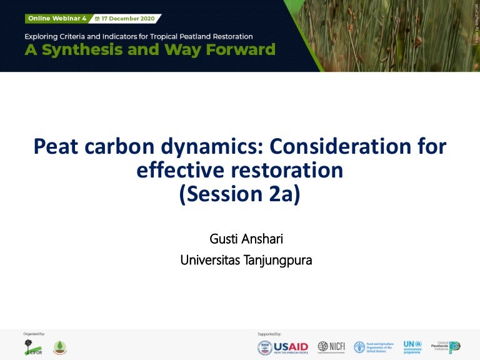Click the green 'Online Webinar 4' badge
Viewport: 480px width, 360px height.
(x=55, y=19)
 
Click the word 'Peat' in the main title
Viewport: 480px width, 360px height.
(x=59, y=147)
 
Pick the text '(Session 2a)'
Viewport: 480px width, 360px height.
(x=240, y=194)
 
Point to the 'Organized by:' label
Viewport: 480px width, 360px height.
(x=34, y=334)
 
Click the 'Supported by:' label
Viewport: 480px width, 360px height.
(x=269, y=334)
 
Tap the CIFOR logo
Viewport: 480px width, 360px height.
(x=31, y=348)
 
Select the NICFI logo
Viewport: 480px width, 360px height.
(x=331, y=347)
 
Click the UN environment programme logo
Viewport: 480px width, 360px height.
(x=412, y=347)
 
